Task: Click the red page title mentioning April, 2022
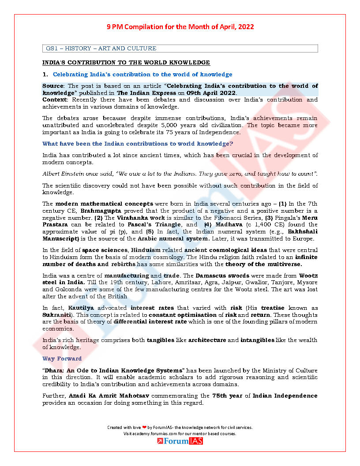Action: [x=180, y=27]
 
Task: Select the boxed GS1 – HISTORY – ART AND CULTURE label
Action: [x=101, y=49]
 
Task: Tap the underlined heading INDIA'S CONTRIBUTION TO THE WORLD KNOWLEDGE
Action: [x=126, y=63]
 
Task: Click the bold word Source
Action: [x=53, y=86]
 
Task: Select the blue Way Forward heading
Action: [x=62, y=359]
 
